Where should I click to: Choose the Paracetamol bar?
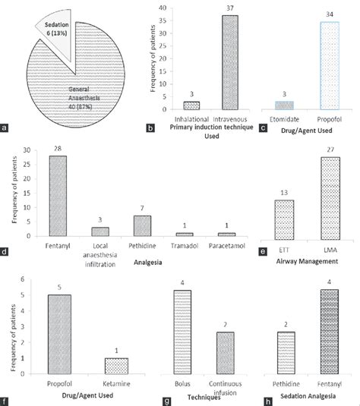coord(226,234)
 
